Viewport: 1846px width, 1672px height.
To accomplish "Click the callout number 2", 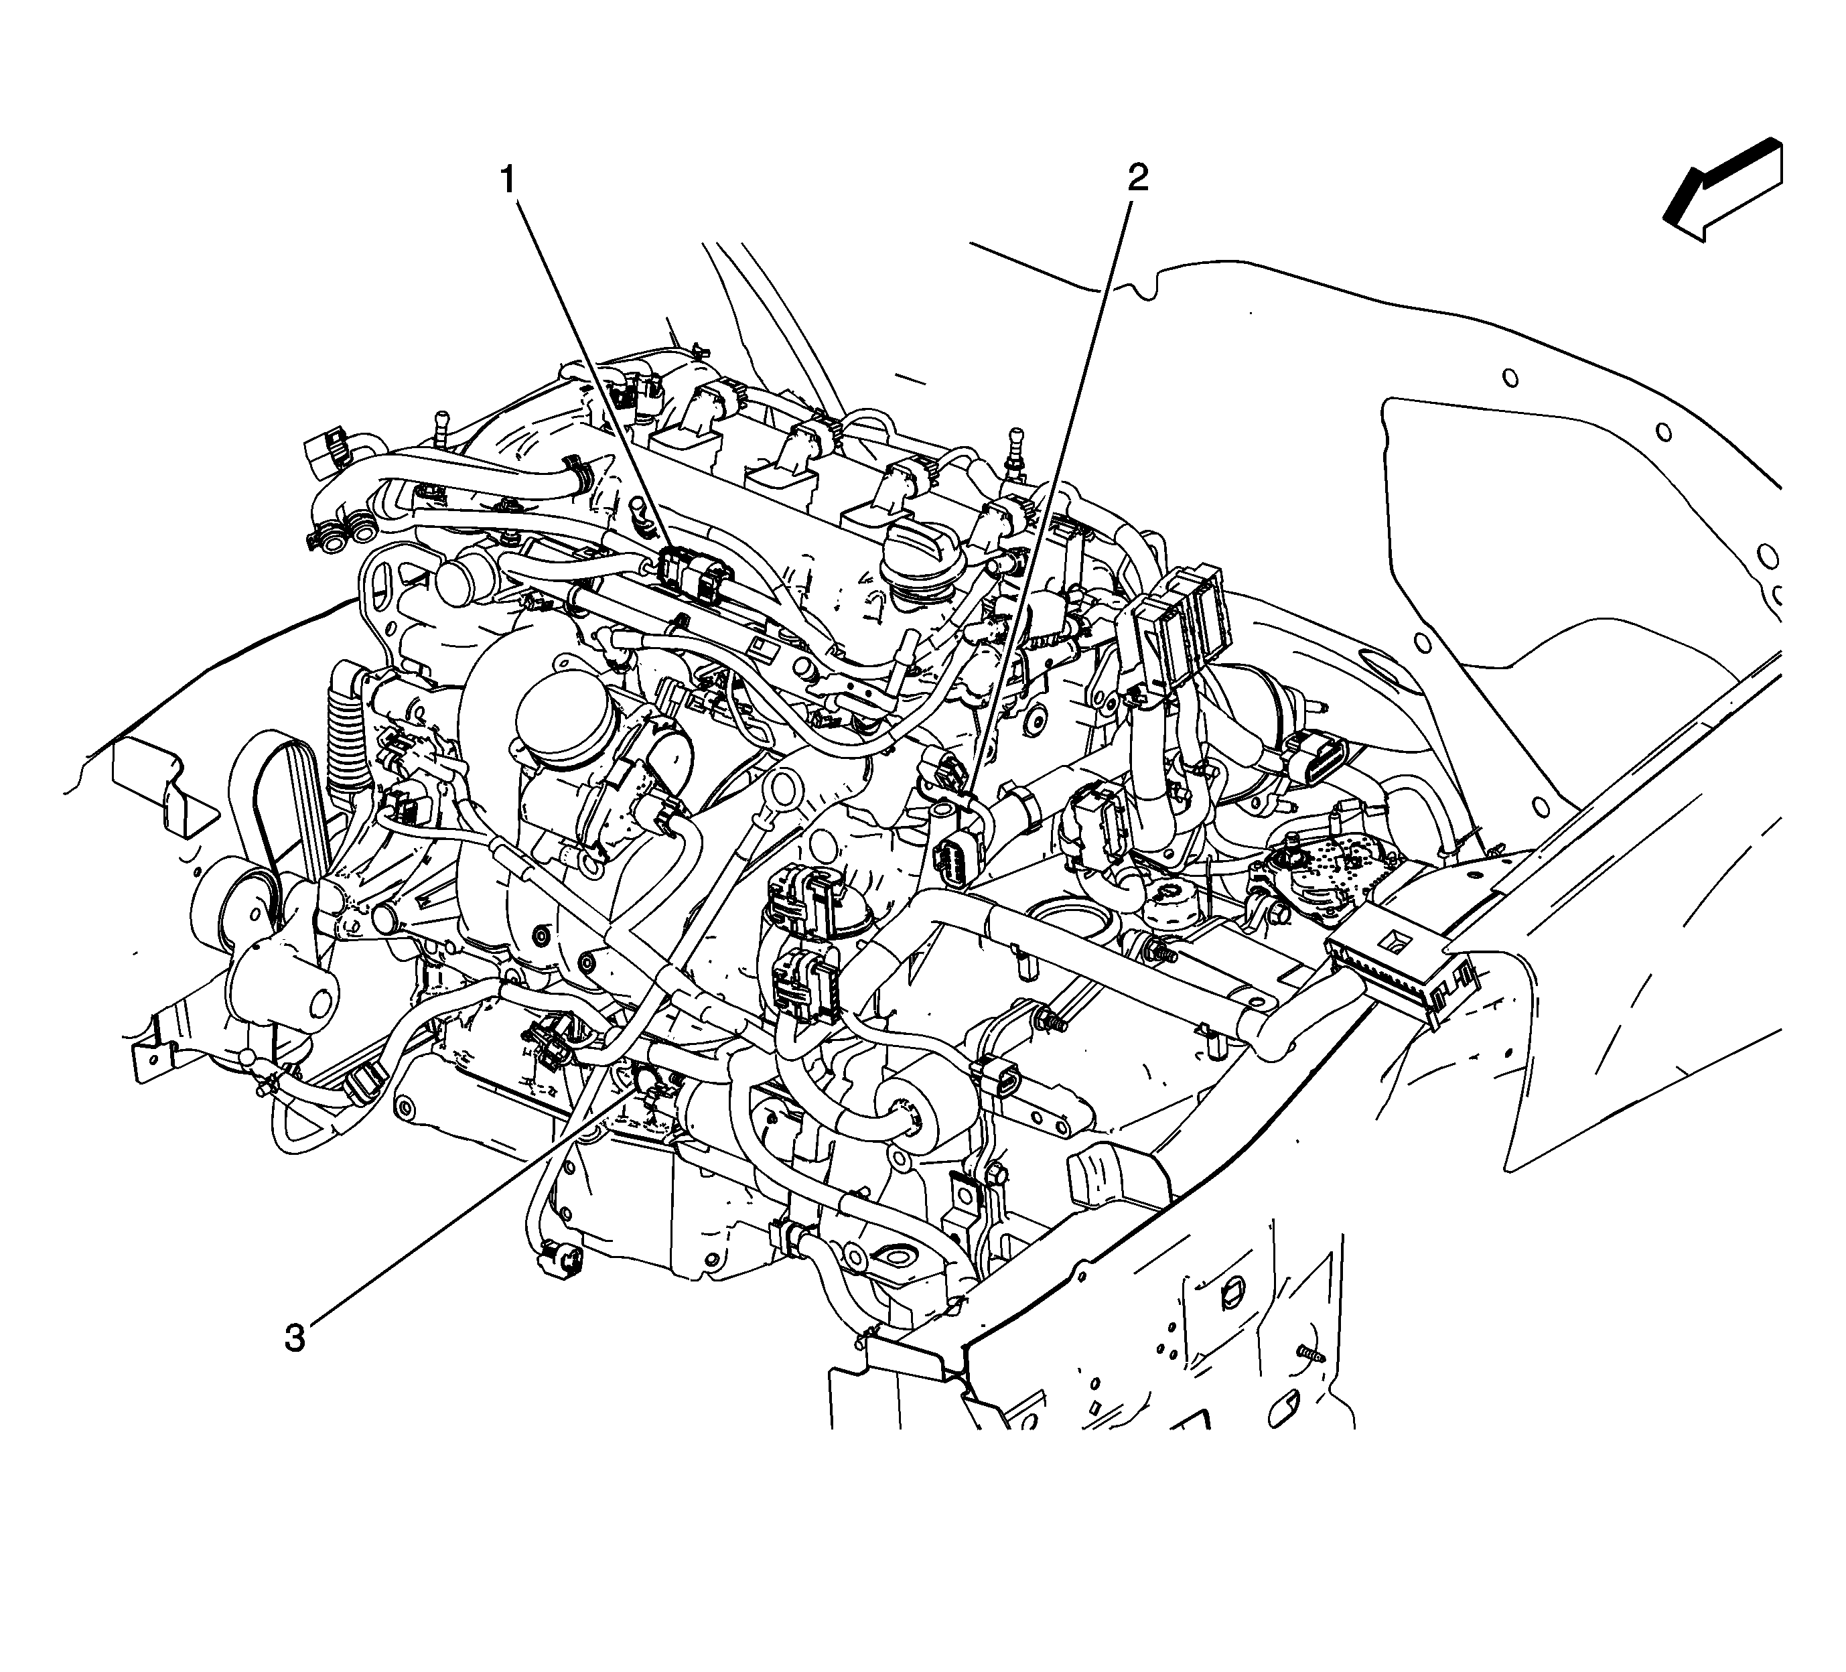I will pos(1137,177).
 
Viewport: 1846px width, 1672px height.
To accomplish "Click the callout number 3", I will pos(294,1338).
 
